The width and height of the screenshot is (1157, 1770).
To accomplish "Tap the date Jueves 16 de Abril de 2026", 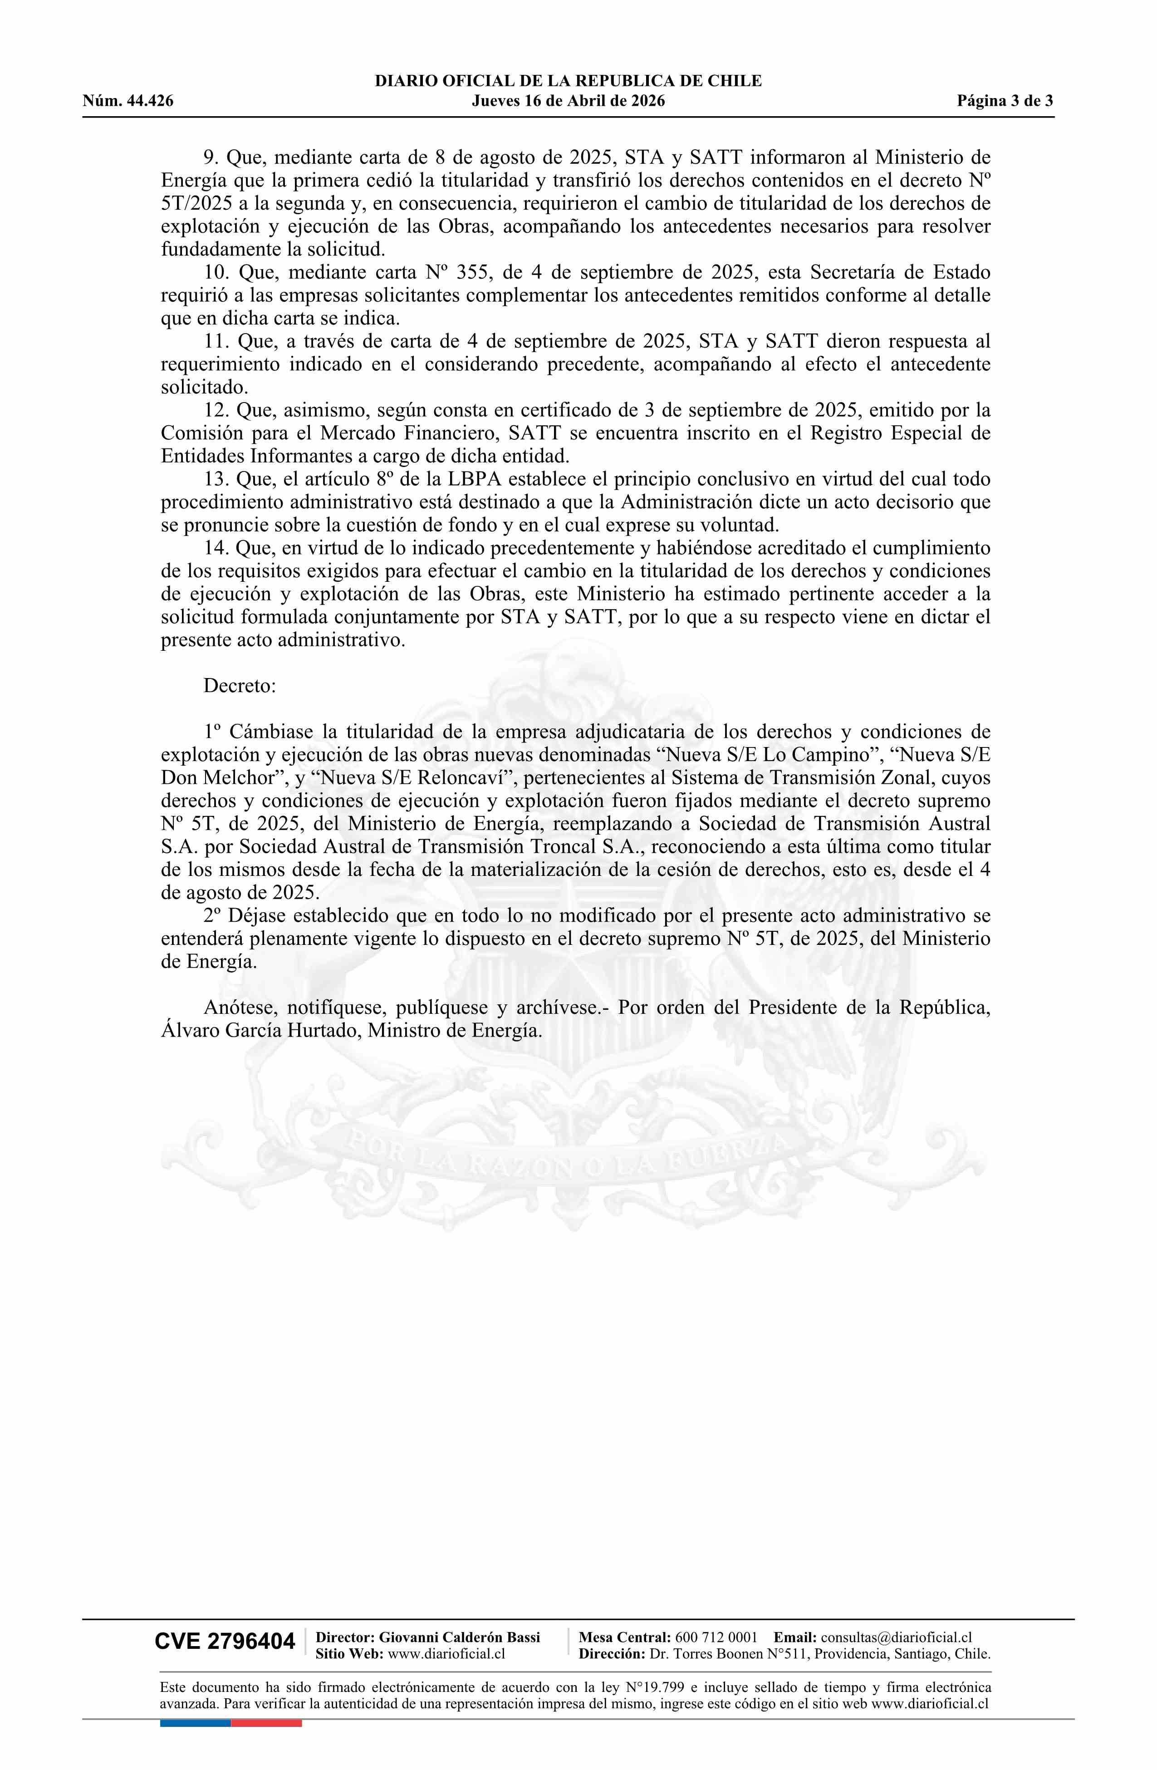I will tap(568, 101).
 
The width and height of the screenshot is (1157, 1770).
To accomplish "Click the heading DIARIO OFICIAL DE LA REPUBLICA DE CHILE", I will tap(568, 81).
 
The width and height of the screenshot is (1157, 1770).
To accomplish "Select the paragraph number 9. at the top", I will tap(211, 157).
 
